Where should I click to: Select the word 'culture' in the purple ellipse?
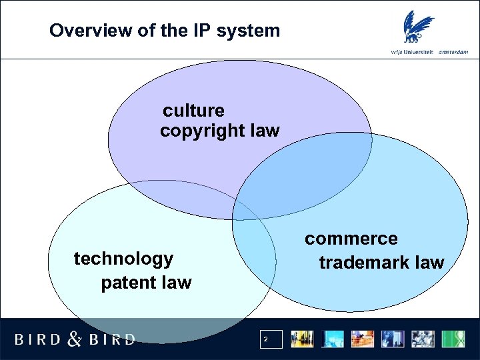(194, 110)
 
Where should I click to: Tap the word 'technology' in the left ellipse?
(123, 258)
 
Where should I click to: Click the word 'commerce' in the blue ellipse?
(351, 239)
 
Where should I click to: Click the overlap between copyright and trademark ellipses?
(303, 177)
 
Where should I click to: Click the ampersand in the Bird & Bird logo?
(75, 339)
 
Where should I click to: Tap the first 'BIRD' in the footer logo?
(37, 339)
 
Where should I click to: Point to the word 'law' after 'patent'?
(175, 283)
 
